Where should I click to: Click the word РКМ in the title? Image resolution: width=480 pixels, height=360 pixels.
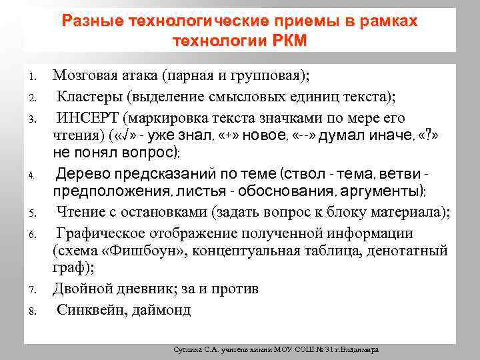[290, 41]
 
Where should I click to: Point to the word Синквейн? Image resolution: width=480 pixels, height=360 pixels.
[87, 309]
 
